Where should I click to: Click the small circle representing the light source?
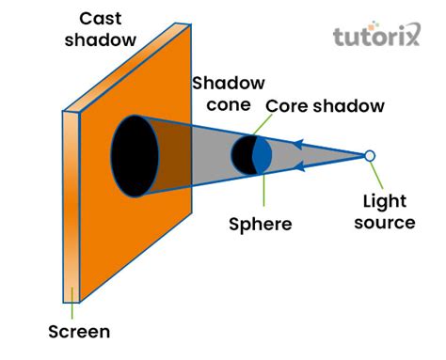tap(370, 155)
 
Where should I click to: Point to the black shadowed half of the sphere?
tap(243, 155)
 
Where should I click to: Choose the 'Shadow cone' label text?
tap(229, 94)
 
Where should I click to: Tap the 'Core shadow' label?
tap(325, 106)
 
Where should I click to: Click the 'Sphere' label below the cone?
tap(261, 225)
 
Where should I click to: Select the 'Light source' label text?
tap(389, 211)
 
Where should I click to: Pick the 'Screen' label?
tap(79, 331)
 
